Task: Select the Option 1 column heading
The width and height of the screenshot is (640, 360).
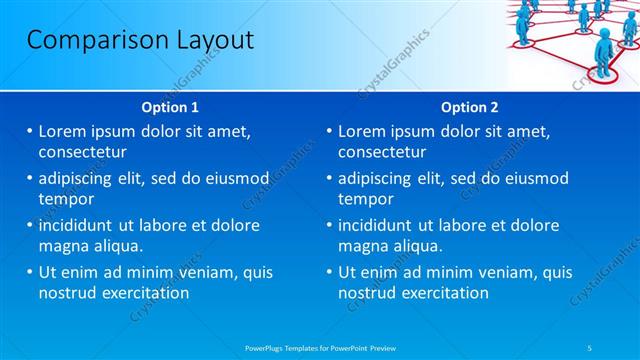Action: tap(171, 107)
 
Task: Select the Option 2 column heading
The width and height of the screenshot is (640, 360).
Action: tap(470, 107)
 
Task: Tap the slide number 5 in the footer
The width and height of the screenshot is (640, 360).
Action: tap(590, 347)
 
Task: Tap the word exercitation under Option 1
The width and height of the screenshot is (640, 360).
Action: tap(144, 293)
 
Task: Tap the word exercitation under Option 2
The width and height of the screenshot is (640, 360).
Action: tap(444, 293)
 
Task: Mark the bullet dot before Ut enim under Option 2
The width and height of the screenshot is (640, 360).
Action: tap(330, 272)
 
